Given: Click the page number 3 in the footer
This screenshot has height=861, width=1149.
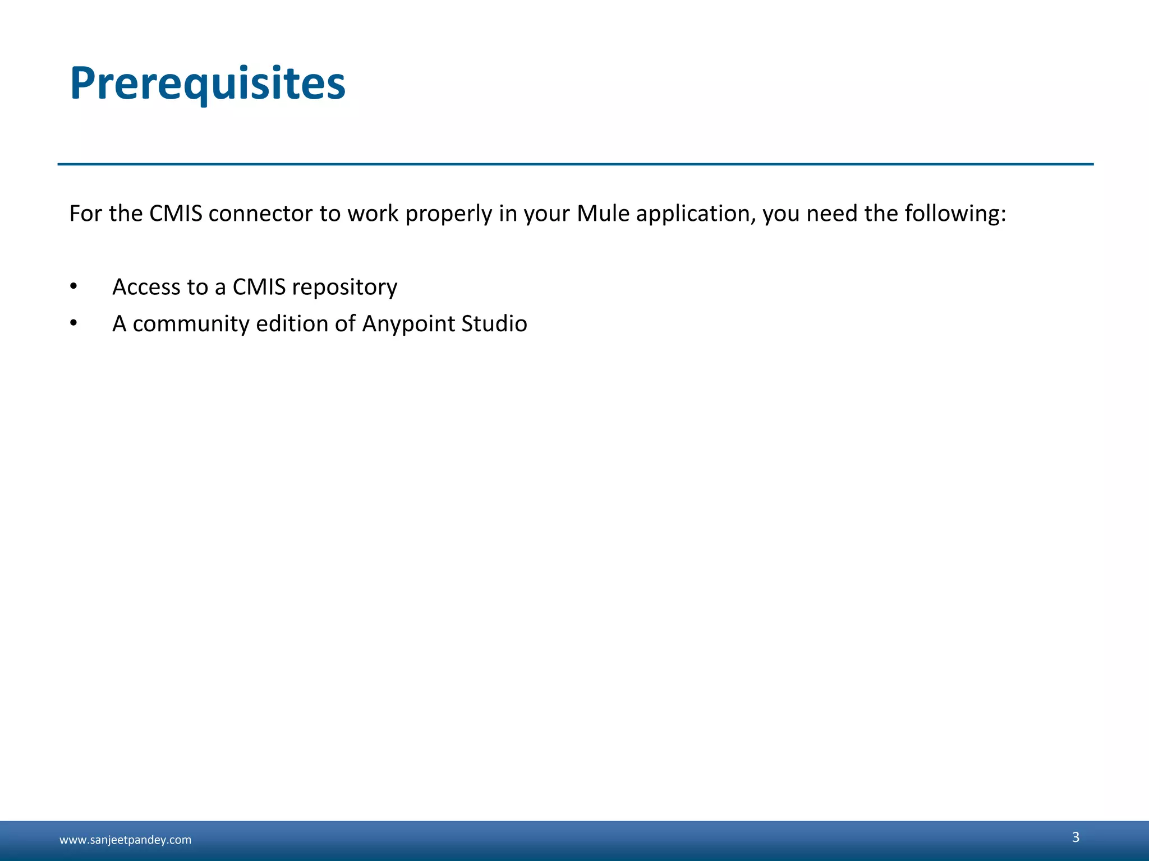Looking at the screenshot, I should click(x=1076, y=837).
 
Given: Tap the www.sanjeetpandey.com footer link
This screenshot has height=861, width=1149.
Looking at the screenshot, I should click(x=125, y=840).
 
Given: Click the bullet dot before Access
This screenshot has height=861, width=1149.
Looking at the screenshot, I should click(x=73, y=286).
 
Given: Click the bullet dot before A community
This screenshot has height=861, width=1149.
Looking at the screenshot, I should click(x=73, y=323).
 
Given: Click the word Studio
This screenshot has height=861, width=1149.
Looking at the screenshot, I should click(x=494, y=323).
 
